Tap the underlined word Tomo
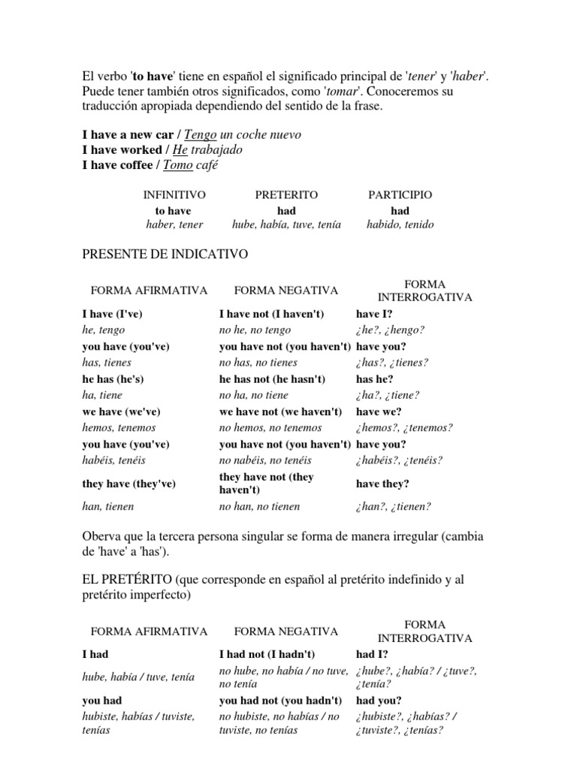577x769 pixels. [178, 165]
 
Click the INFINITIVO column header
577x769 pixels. [174, 195]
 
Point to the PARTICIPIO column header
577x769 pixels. [400, 195]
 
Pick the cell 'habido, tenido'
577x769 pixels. [400, 225]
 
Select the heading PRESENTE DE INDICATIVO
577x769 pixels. [165, 255]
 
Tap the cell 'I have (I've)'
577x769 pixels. [113, 314]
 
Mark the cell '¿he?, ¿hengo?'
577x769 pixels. [391, 330]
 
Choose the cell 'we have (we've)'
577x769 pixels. [121, 412]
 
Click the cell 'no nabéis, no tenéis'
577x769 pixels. [265, 460]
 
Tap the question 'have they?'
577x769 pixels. [382, 484]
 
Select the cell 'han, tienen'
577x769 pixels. [108, 507]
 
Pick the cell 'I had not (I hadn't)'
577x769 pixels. [267, 654]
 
